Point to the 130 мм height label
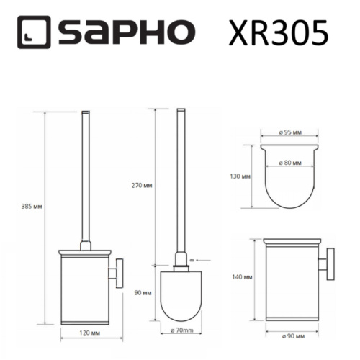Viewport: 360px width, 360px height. click(241, 176)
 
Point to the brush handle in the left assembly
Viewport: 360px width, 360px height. click(88, 180)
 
